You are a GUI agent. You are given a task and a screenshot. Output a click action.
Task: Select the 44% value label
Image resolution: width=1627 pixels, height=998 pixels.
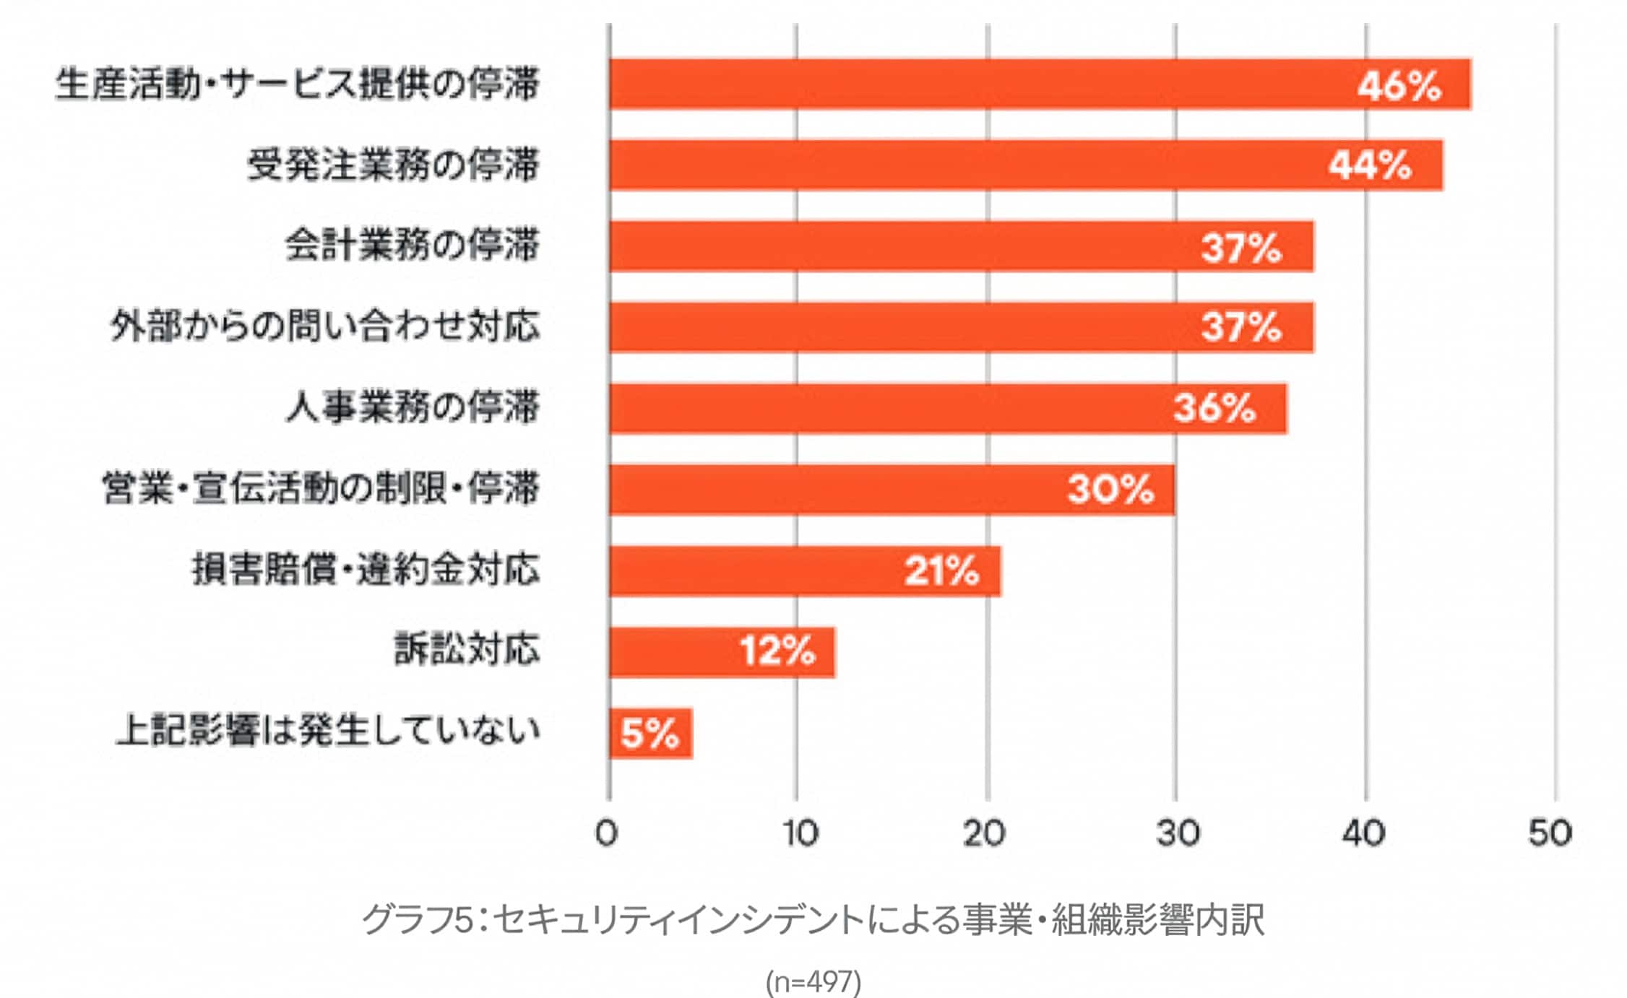click(x=1370, y=165)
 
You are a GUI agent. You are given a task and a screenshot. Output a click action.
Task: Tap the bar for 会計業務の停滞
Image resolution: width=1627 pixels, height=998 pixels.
click(x=961, y=246)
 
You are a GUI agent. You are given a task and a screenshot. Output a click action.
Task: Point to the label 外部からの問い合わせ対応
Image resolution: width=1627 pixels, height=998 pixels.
click(x=325, y=326)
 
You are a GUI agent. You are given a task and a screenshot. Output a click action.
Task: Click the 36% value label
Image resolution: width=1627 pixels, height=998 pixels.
click(x=1214, y=408)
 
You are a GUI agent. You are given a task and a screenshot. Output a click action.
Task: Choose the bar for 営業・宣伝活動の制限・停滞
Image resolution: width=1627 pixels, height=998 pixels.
click(x=892, y=489)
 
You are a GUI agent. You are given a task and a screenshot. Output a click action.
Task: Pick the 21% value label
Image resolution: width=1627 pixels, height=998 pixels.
click(x=941, y=570)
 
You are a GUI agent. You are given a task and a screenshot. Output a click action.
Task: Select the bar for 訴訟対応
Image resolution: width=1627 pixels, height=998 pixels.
click(x=722, y=651)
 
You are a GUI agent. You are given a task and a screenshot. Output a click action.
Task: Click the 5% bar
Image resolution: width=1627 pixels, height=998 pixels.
click(x=650, y=733)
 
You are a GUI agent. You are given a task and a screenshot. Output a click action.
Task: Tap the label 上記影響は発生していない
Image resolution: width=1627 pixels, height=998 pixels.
click(x=328, y=731)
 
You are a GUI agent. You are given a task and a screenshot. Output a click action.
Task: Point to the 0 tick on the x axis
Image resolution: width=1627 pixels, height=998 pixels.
click(x=607, y=833)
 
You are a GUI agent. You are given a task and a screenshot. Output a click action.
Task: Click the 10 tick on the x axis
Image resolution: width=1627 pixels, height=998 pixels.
click(x=800, y=833)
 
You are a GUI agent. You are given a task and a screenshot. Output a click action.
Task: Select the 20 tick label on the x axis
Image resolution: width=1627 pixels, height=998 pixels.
click(x=985, y=833)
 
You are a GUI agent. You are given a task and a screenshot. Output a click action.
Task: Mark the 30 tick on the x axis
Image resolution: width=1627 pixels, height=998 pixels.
click(x=1176, y=833)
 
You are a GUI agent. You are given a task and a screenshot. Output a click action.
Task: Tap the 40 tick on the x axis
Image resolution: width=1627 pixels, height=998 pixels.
click(x=1363, y=833)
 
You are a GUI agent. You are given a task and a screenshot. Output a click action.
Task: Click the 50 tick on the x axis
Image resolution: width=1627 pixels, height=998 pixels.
click(x=1550, y=833)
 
